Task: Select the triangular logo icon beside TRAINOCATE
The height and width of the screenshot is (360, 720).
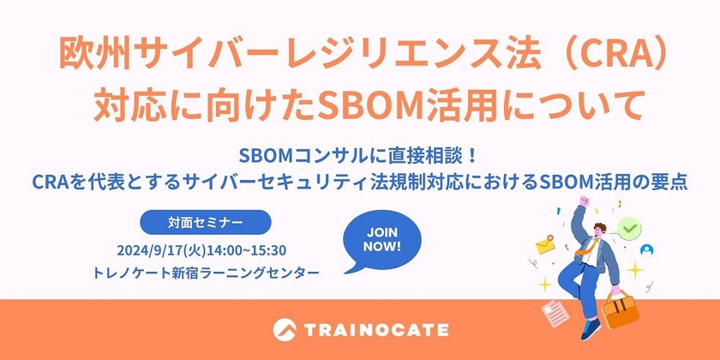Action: (x=285, y=329)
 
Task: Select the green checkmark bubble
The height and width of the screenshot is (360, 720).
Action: (x=631, y=229)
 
